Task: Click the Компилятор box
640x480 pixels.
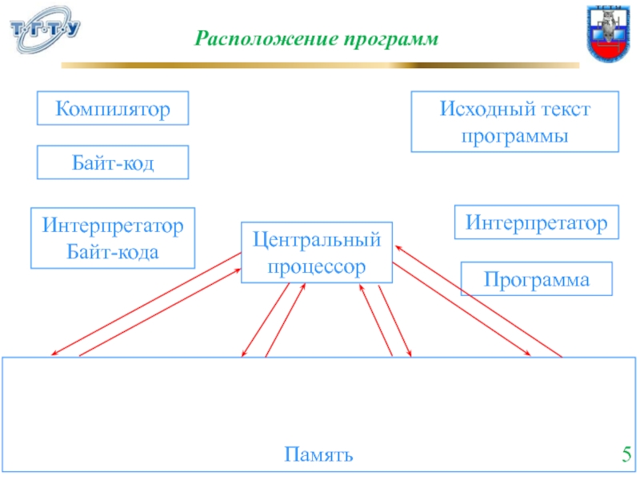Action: pyautogui.click(x=113, y=108)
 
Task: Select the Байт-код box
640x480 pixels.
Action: pyautogui.click(x=113, y=162)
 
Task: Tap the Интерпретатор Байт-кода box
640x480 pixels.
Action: pyautogui.click(x=113, y=238)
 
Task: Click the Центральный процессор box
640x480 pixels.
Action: pyautogui.click(x=317, y=253)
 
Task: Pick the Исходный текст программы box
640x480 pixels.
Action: pyautogui.click(x=515, y=122)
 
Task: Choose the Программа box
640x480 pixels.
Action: pyautogui.click(x=537, y=279)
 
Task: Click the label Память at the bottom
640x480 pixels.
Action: pyautogui.click(x=318, y=456)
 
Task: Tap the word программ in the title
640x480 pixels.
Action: pyautogui.click(x=392, y=38)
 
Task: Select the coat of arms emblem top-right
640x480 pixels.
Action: pyautogui.click(x=610, y=33)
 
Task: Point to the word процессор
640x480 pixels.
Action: pyautogui.click(x=317, y=266)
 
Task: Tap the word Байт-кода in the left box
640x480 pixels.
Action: pyautogui.click(x=113, y=251)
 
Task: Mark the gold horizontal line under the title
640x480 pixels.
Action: pyautogui.click(x=320, y=63)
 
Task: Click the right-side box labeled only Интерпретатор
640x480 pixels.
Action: pyautogui.click(x=537, y=222)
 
